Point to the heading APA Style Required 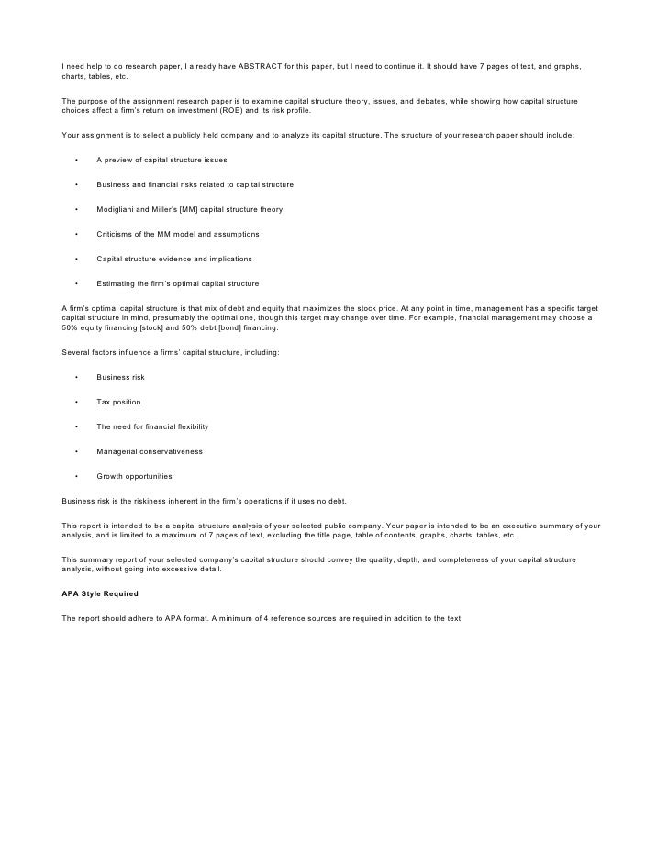tap(99, 593)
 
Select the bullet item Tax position tap(118, 402)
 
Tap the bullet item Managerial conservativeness tap(150, 451)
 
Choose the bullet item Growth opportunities tap(134, 476)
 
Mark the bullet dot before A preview tap(76, 160)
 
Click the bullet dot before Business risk tap(76, 377)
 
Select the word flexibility tap(190, 426)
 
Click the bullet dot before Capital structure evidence tap(76, 259)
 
